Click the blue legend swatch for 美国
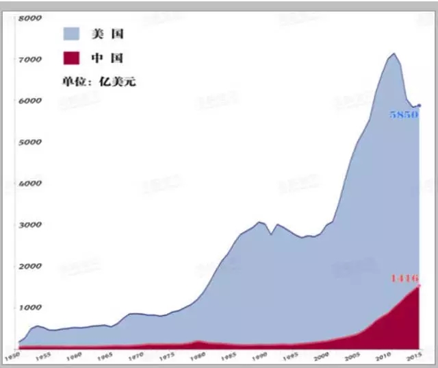[74, 33]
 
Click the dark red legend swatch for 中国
[74, 58]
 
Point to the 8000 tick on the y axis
[31, 19]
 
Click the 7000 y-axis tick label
[31, 60]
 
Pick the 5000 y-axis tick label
[31, 143]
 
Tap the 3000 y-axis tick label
[31, 225]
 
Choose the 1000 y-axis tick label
[31, 308]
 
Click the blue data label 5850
[403, 115]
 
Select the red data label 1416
[404, 278]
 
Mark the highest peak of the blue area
[394, 53]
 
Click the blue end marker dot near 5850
[420, 106]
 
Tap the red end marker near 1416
[420, 286]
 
